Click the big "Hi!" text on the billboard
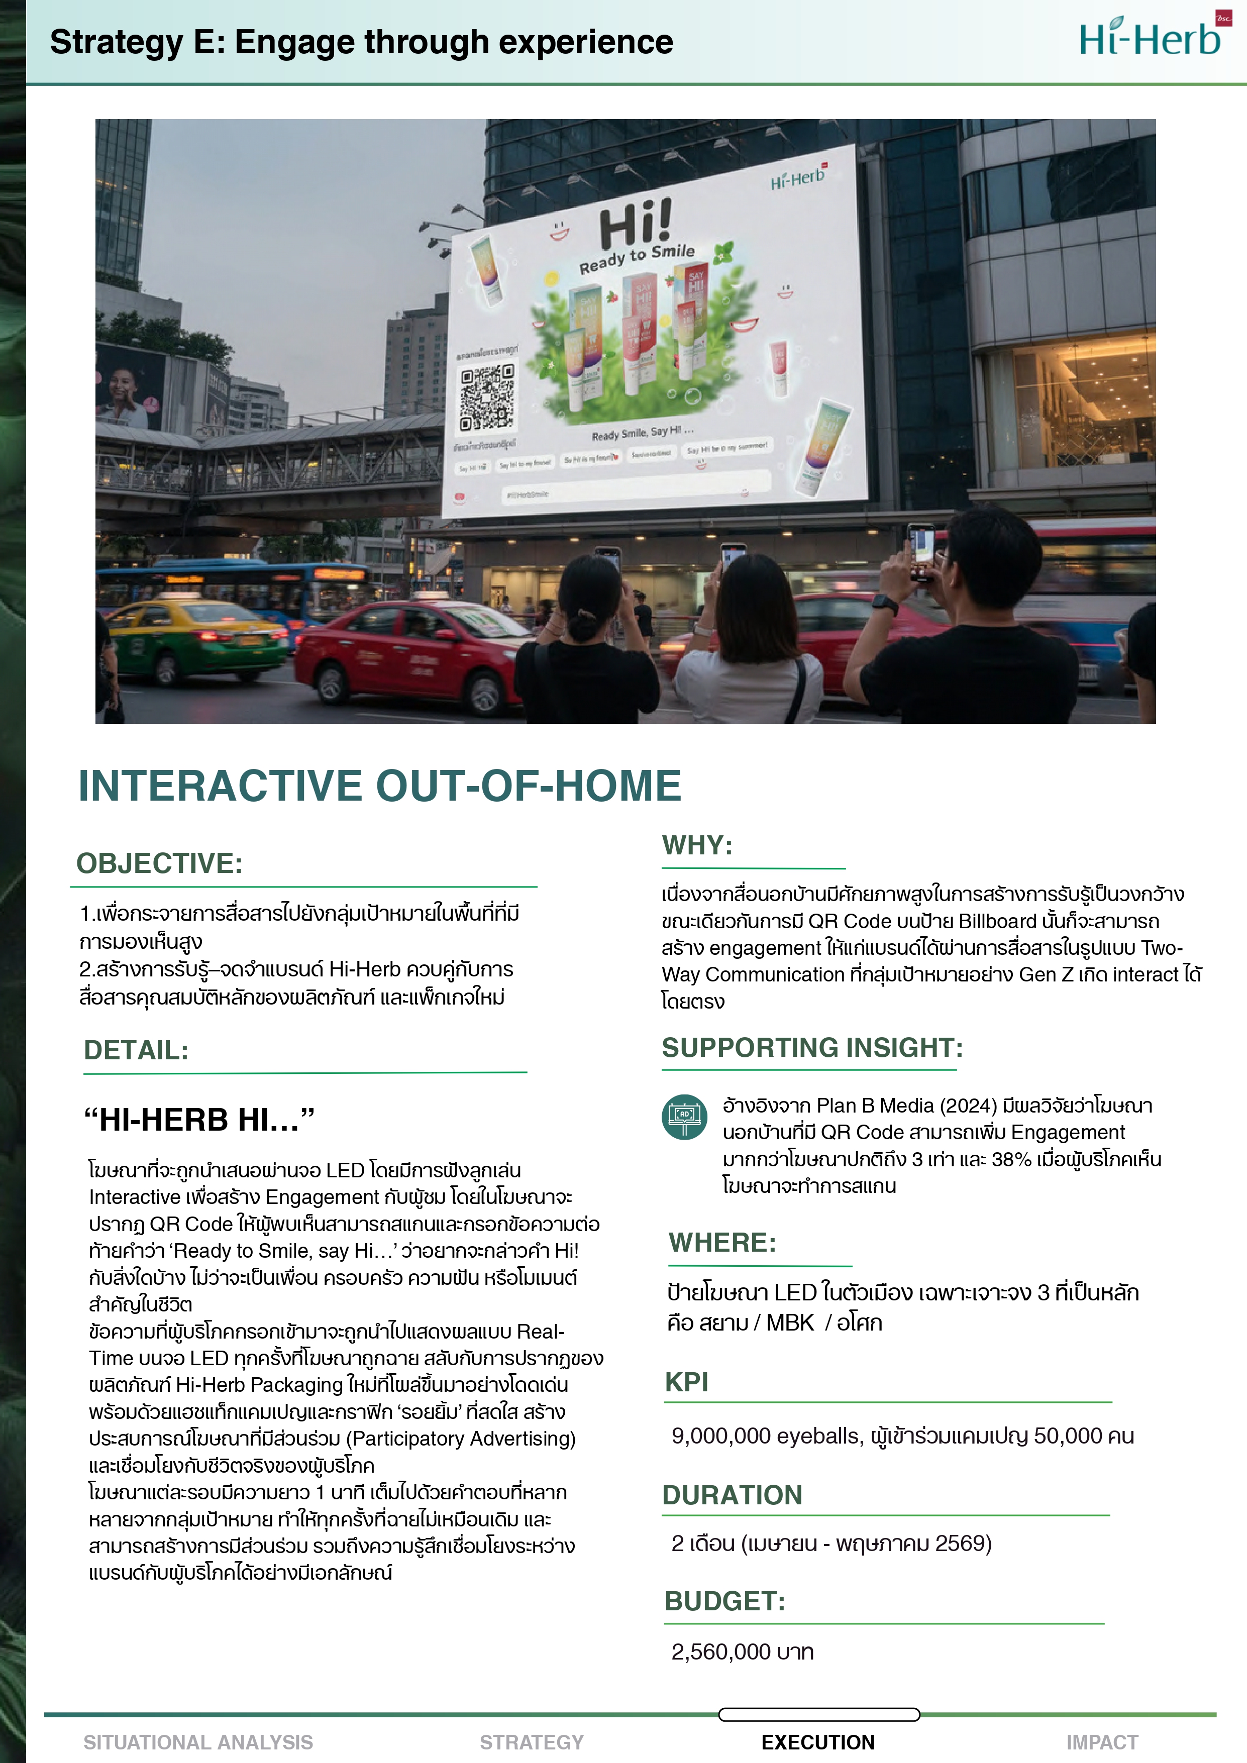[x=636, y=223]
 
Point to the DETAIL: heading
[x=136, y=1050]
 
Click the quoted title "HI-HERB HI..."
[x=199, y=1120]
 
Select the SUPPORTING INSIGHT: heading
[x=811, y=1047]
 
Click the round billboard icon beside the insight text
[x=684, y=1117]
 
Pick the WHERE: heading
[x=722, y=1242]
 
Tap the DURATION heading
[x=732, y=1495]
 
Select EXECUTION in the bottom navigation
[x=818, y=1742]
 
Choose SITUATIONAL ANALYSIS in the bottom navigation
[x=198, y=1742]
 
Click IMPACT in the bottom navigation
[x=1101, y=1742]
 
